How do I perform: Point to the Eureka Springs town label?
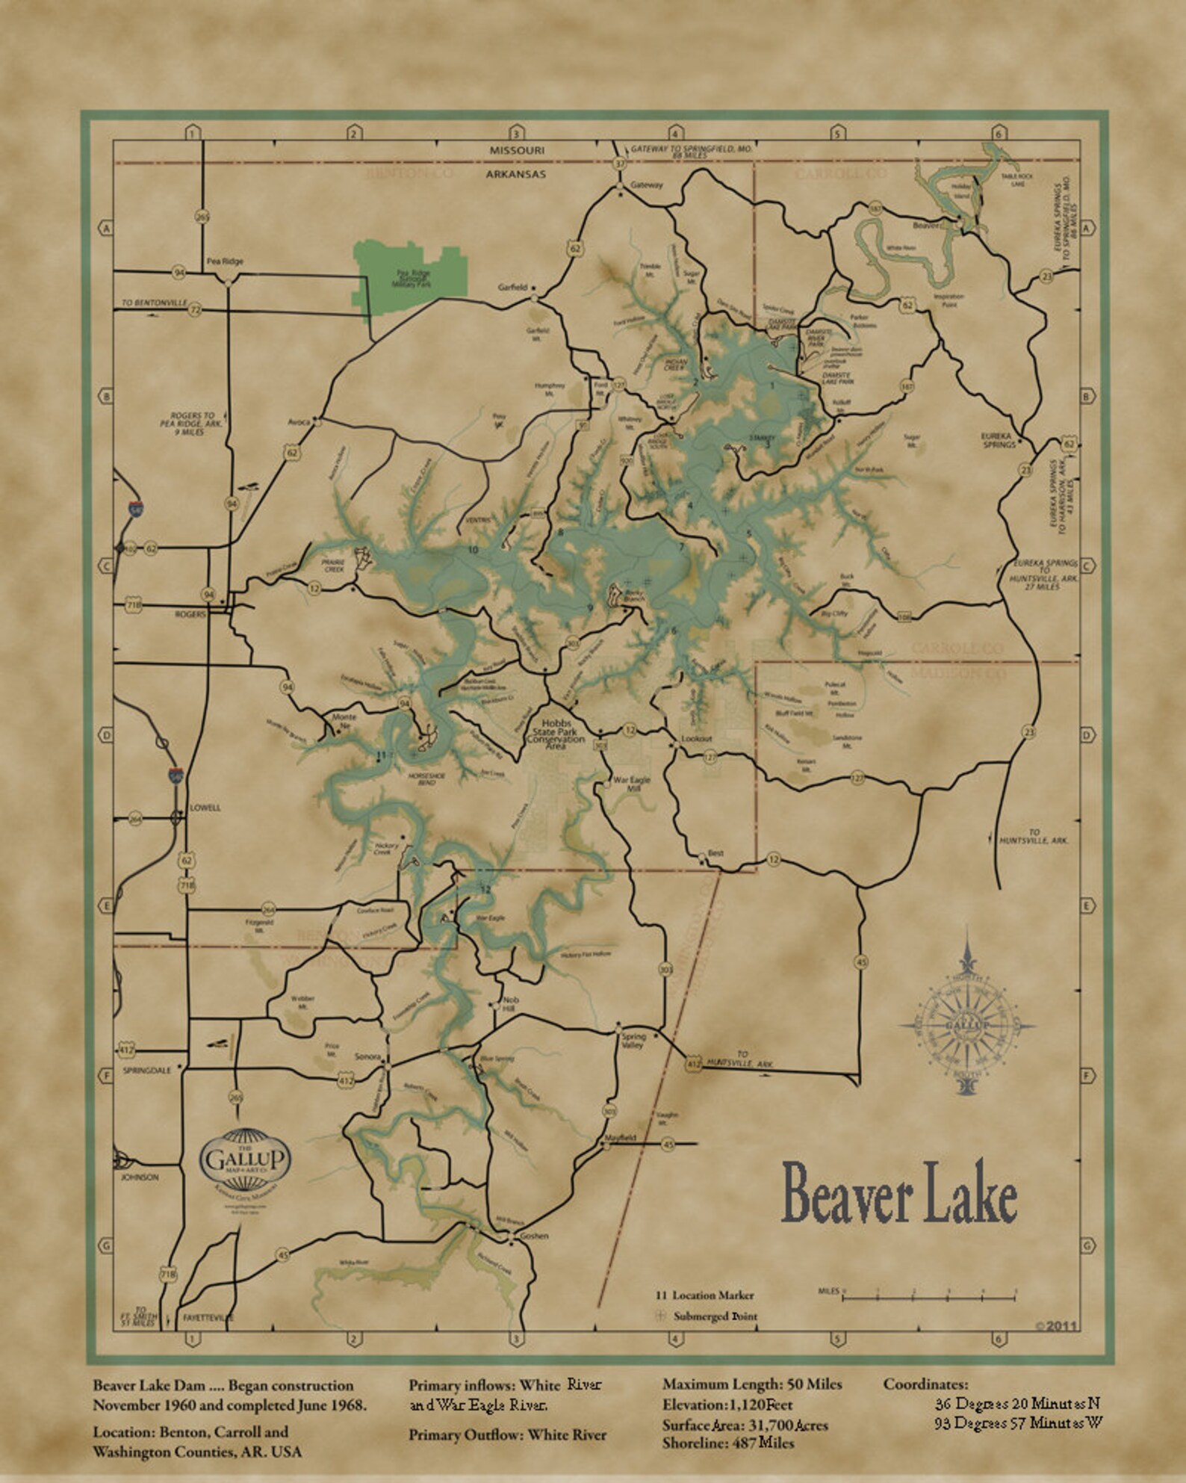click(x=998, y=440)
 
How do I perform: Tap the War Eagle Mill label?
click(x=631, y=784)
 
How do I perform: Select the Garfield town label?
click(x=513, y=287)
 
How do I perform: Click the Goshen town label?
click(x=533, y=1236)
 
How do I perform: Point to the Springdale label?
click(x=146, y=1071)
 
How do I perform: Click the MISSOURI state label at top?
click(x=517, y=150)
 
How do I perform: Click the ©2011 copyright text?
click(x=1055, y=1326)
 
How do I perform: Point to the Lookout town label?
click(x=696, y=738)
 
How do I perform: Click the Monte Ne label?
click(x=344, y=720)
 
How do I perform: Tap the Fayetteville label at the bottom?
click(x=208, y=1318)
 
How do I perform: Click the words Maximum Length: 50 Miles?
click(x=751, y=1384)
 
